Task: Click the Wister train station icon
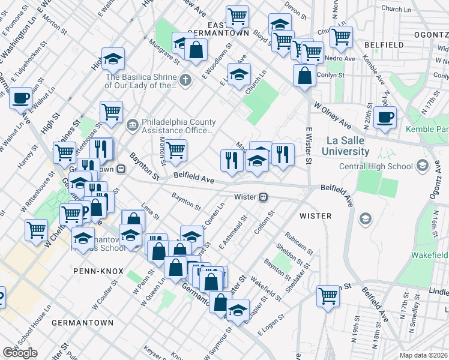point(263,197)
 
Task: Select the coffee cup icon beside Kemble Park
point(385,117)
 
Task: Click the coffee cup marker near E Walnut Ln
point(20,97)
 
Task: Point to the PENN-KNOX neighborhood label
point(94,271)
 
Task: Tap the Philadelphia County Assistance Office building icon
point(131,125)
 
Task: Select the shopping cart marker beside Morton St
point(175,151)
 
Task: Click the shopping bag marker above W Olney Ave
point(305,76)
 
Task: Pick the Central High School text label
point(376,166)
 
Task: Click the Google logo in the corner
point(20,353)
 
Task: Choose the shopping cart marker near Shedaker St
point(328,296)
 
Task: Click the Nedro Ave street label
point(341,58)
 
